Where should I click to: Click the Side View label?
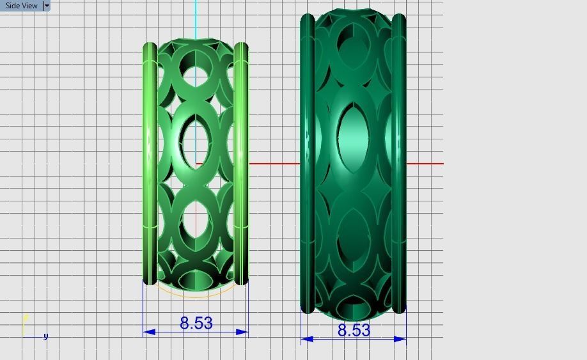coord(21,6)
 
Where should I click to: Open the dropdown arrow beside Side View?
coord(47,6)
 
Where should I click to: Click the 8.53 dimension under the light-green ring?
coord(196,323)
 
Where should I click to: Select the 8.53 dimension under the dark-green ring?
coord(354,330)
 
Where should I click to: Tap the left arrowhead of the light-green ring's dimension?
coord(150,332)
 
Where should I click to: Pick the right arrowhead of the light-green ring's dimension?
coord(242,332)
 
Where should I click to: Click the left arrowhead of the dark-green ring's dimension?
coord(307,339)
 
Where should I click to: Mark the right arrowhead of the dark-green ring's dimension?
coord(400,339)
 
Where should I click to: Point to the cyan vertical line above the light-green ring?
coord(196,19)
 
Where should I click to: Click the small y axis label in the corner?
coord(45,336)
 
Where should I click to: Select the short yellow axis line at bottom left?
coord(25,324)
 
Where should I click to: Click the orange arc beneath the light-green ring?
coord(196,296)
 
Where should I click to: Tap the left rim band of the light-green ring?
coord(150,163)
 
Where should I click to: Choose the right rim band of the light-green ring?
coord(241,163)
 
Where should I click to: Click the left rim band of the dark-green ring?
coord(308,163)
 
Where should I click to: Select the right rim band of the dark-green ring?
coord(399,163)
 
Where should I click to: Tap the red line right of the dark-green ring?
coord(425,164)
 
